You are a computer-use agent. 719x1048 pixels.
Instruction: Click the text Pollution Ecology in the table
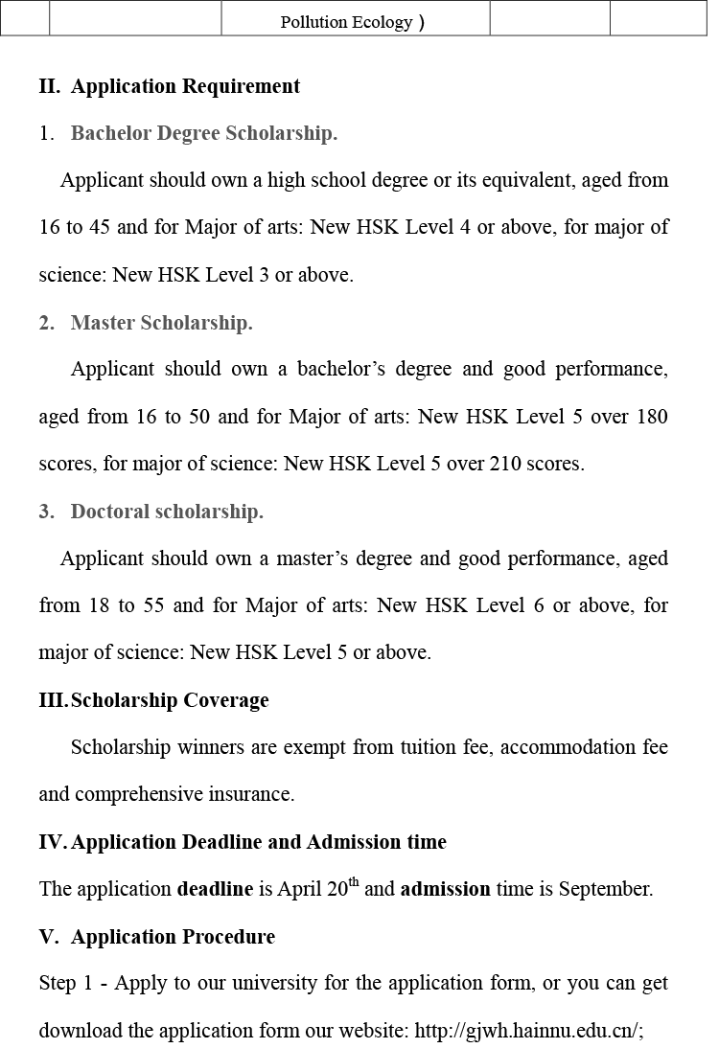click(x=346, y=22)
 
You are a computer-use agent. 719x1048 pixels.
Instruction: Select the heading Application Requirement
click(x=185, y=86)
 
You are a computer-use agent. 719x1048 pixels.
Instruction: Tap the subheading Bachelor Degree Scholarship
click(x=204, y=133)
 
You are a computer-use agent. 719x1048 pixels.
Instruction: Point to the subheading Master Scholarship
click(x=161, y=323)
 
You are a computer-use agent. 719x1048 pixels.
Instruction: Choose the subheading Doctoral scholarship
click(x=167, y=512)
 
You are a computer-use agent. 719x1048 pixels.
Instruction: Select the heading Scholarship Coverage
click(x=170, y=700)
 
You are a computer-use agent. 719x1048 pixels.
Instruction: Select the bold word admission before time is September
click(x=445, y=889)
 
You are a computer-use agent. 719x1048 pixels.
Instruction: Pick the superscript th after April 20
click(x=354, y=883)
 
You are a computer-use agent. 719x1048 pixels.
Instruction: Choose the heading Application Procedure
click(x=173, y=937)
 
